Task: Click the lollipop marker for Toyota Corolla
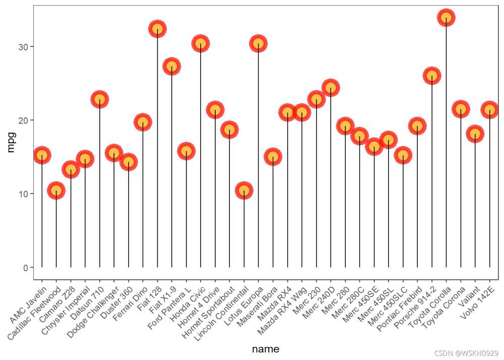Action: (446, 18)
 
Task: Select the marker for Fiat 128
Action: (157, 29)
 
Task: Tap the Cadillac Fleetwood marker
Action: (56, 191)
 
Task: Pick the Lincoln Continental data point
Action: (244, 191)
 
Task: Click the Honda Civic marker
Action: (201, 44)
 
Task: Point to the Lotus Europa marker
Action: (259, 44)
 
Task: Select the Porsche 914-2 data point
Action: (432, 76)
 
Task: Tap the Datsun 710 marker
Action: (100, 99)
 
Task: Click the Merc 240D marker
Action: (331, 88)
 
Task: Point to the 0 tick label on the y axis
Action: (25, 267)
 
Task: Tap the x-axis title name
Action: (266, 349)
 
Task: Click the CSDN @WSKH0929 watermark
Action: (466, 353)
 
